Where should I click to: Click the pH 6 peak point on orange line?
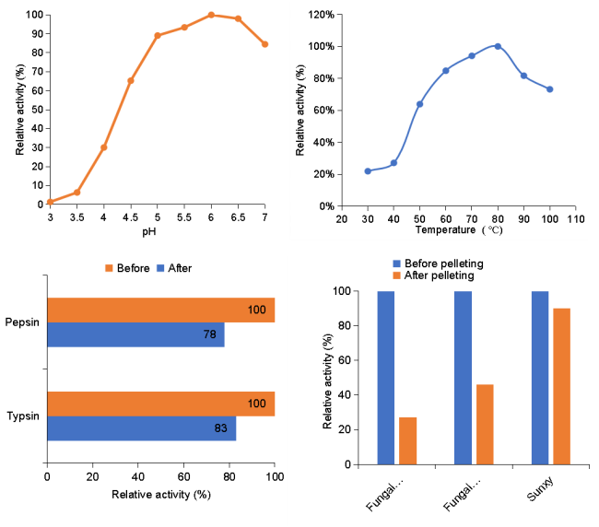pos(211,15)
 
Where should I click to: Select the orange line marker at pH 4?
pos(103,147)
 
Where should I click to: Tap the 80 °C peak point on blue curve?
pos(498,46)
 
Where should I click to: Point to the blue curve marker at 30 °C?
pos(368,170)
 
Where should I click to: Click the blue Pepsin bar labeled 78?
pos(135,334)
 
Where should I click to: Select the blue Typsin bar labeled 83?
pos(141,428)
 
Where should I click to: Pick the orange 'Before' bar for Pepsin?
pos(160,310)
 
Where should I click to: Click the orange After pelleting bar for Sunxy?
pos(561,386)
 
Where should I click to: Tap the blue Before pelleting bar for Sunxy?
pos(540,378)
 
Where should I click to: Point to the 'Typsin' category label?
pos(23,416)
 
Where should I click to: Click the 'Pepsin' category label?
pos(23,322)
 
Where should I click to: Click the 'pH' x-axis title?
pos(157,231)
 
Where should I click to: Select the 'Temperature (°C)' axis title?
pos(457,230)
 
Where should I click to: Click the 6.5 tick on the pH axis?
pos(238,217)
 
